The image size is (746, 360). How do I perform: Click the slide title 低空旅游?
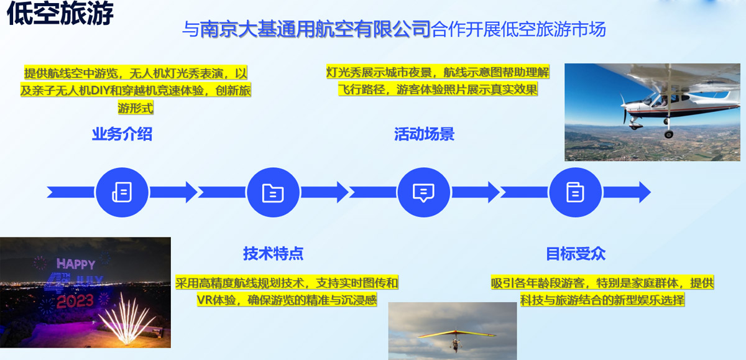(x=60, y=12)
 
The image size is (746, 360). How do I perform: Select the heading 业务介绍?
(x=122, y=134)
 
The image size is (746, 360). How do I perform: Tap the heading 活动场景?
(x=424, y=134)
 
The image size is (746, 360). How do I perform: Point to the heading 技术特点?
(x=273, y=254)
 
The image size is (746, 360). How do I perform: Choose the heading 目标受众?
(x=576, y=254)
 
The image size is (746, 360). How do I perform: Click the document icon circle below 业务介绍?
(x=122, y=192)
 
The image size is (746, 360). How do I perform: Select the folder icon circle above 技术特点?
(x=273, y=192)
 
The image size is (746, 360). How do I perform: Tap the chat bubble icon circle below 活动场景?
(x=423, y=192)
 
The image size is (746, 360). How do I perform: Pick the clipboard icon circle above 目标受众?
(x=575, y=192)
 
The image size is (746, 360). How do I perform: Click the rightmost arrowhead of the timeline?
(x=645, y=192)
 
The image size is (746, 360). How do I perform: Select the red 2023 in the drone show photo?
(x=75, y=302)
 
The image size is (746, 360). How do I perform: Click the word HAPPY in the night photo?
(x=76, y=264)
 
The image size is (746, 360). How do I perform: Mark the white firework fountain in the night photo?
(x=127, y=319)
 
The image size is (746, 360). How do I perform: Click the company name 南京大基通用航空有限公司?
(x=315, y=29)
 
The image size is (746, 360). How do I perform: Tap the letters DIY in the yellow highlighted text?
(x=100, y=90)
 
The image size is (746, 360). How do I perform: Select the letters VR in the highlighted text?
(x=203, y=300)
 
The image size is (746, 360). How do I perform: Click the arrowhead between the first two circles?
(x=191, y=192)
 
